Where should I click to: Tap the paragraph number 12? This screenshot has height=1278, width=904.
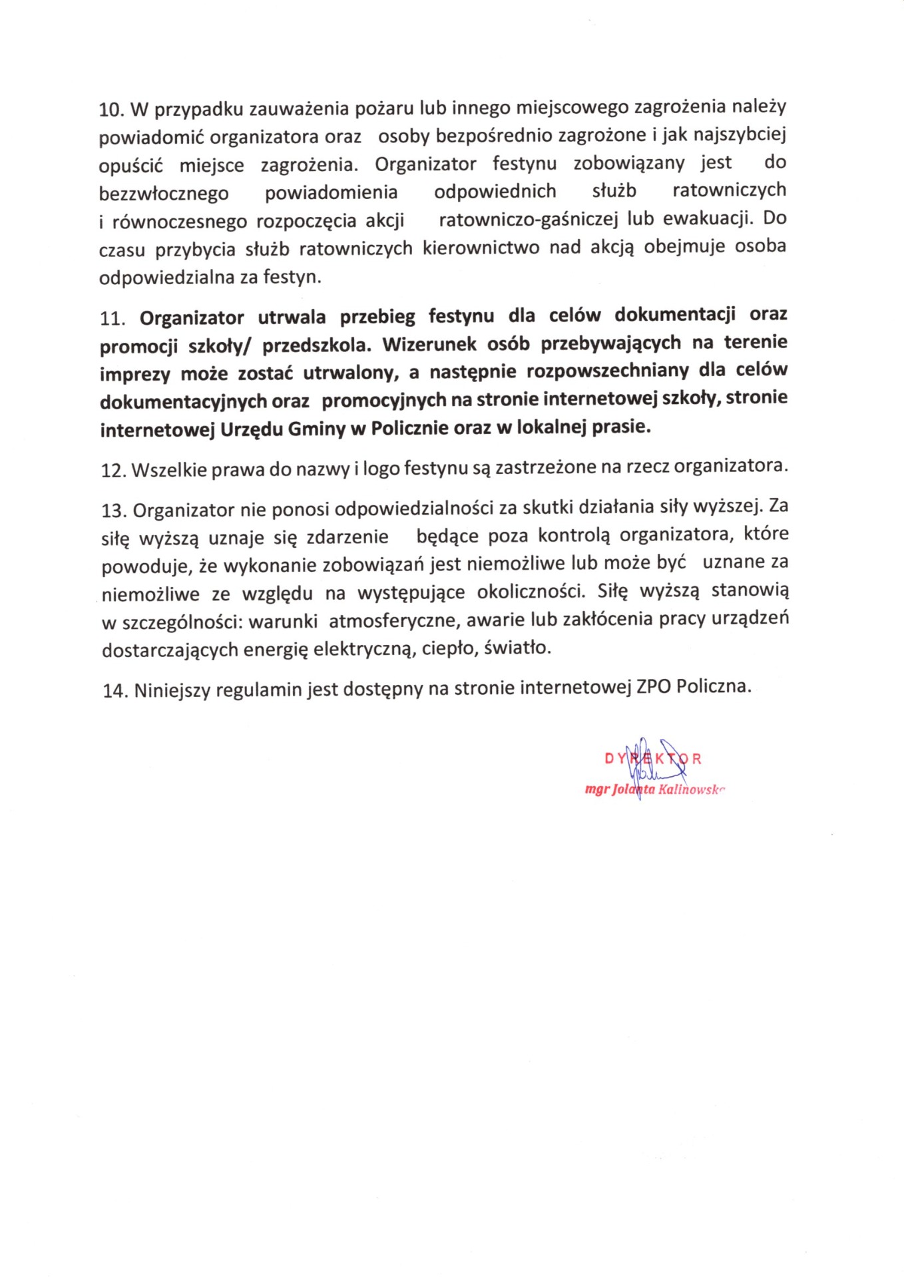click(113, 471)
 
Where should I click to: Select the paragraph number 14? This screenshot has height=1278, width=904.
click(114, 691)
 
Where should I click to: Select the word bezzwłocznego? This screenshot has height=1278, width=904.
click(164, 194)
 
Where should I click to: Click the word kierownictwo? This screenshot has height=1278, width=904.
click(481, 248)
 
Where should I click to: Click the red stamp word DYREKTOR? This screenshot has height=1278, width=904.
click(652, 758)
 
